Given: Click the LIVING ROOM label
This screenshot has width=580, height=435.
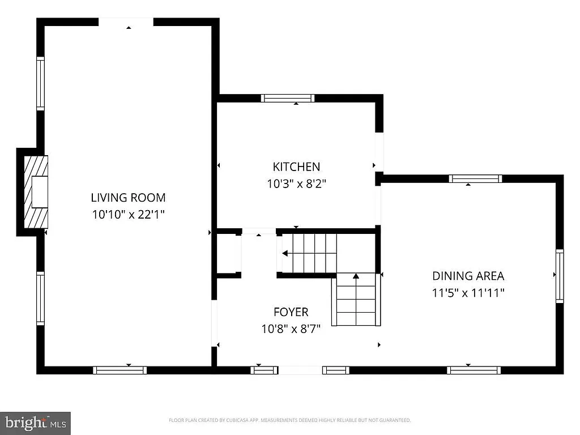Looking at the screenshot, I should [x=128, y=198].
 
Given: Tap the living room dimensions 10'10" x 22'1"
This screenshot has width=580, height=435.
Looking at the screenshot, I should [x=128, y=215].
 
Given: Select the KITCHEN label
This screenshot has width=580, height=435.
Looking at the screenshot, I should [x=296, y=167].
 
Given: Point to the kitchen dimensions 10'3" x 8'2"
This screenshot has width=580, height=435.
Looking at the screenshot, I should [x=296, y=184].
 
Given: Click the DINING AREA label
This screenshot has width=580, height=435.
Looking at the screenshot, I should [x=468, y=276].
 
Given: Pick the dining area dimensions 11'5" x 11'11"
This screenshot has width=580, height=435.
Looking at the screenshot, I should [x=468, y=293].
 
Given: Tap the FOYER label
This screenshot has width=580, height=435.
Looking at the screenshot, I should [x=291, y=312].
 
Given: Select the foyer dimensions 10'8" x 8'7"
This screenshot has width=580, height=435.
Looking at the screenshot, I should [x=291, y=329].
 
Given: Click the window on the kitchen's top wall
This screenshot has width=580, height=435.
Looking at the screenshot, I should [x=288, y=98].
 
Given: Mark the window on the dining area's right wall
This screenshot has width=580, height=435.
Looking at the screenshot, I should [x=560, y=276].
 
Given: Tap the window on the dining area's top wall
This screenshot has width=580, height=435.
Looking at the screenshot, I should [x=475, y=179].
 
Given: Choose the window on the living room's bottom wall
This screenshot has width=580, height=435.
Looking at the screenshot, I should [x=120, y=370].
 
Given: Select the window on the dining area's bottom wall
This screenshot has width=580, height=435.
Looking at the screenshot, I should [x=474, y=370].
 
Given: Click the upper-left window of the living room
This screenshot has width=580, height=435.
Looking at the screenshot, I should [x=40, y=83].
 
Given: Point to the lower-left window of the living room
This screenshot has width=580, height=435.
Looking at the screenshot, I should [x=40, y=298].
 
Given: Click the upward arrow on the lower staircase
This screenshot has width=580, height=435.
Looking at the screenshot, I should [x=356, y=276].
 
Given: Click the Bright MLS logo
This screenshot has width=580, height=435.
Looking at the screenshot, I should [x=35, y=423].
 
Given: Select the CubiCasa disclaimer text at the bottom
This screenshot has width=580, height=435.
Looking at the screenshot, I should [x=289, y=420].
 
